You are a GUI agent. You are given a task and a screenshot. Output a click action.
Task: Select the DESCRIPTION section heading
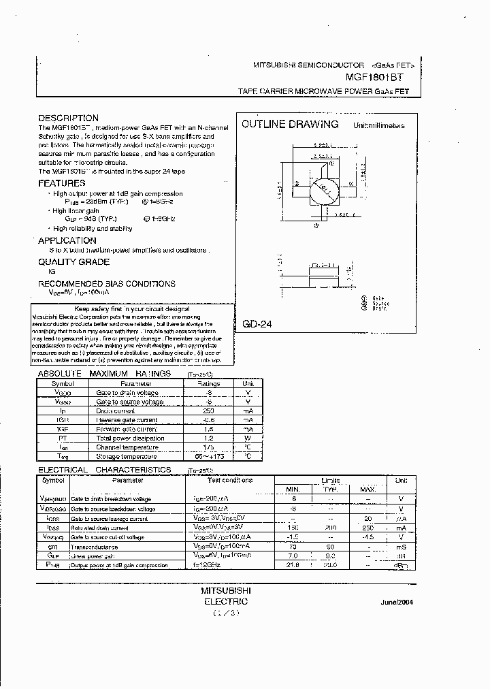point(68,118)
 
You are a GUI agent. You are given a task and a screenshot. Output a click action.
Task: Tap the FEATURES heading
point(62,183)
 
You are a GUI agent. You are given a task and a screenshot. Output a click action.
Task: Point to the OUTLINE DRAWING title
point(290,124)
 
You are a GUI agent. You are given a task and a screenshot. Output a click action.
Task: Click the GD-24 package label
point(257,325)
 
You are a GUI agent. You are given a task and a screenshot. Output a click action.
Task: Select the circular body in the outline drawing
point(323,193)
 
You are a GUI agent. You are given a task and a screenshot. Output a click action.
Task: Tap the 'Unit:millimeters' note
point(378,125)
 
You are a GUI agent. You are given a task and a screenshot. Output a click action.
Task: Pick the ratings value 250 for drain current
point(209,411)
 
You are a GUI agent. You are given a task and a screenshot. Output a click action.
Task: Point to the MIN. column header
point(293,489)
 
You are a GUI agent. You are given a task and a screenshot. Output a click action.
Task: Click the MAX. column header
point(367,489)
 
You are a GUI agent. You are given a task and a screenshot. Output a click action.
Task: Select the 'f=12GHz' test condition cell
point(204,565)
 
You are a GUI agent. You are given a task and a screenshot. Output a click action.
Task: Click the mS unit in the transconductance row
point(401,546)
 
